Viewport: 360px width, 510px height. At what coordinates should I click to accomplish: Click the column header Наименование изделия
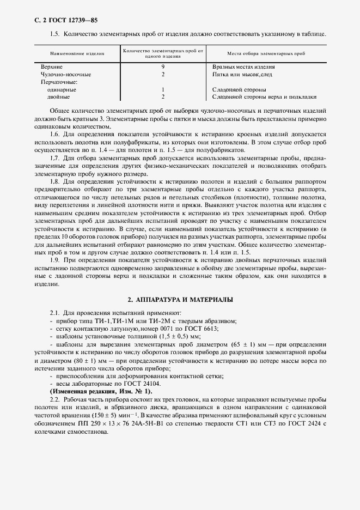pyautogui.click(x=77, y=54)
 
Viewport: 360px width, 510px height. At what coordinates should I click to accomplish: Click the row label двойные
pyautogui.click(x=59, y=97)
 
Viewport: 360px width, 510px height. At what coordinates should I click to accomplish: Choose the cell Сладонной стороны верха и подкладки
pyautogui.click(x=264, y=97)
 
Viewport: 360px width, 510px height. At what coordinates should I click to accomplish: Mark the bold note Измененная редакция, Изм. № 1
pyautogui.click(x=101, y=392)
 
